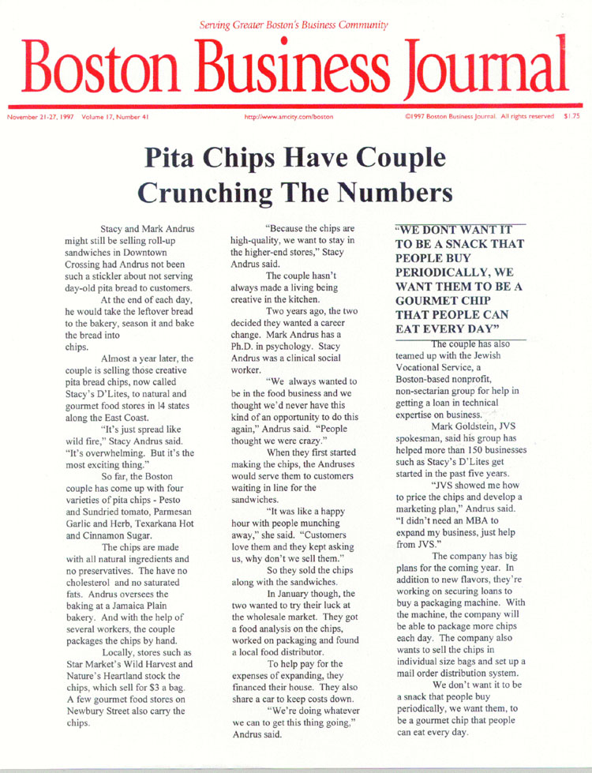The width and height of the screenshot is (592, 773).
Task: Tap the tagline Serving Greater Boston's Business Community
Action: [x=294, y=25]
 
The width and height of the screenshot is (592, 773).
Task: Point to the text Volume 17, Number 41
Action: [x=112, y=117]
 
